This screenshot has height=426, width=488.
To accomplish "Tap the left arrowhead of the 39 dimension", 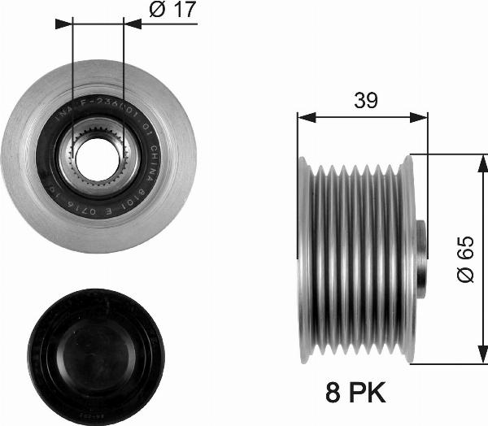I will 302,117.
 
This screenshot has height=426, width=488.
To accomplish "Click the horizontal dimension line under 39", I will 362,117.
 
